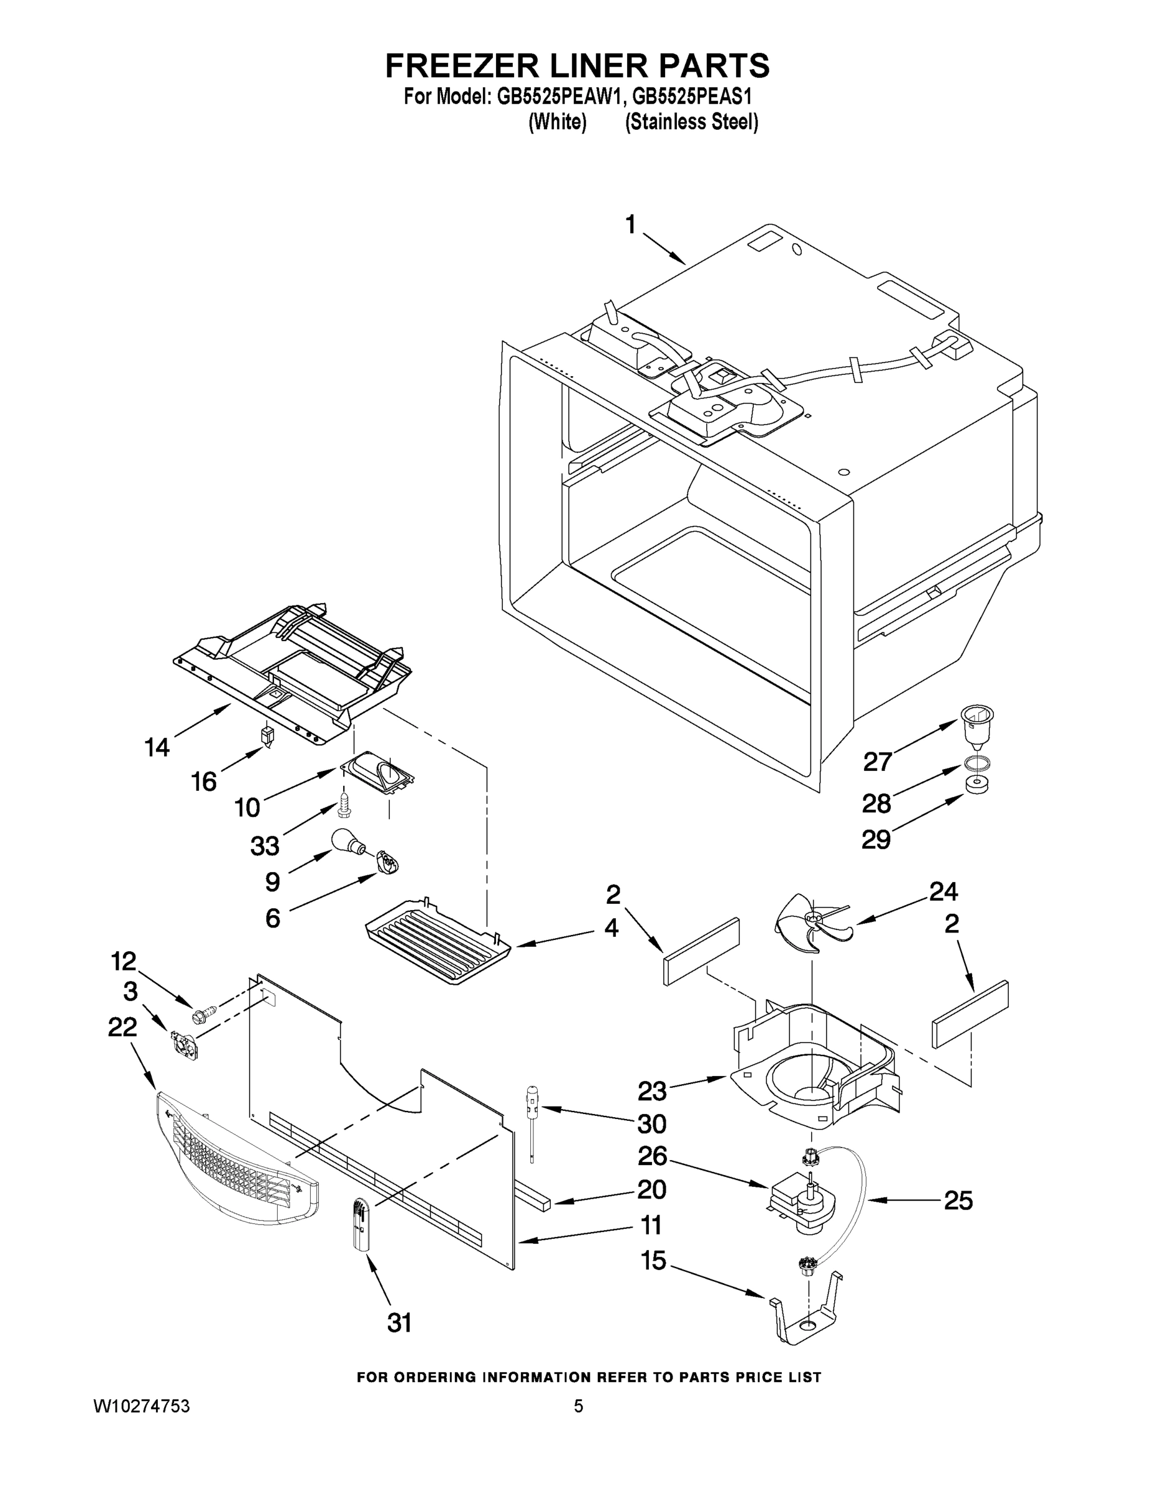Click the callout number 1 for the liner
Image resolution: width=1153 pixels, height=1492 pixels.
[630, 225]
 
